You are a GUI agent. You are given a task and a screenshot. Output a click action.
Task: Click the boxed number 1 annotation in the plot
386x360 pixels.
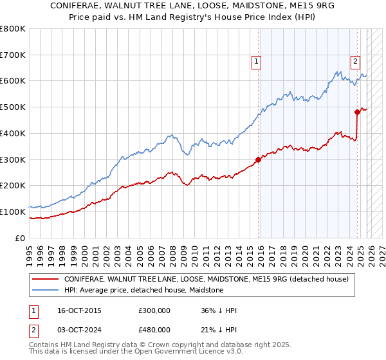coord(256,62)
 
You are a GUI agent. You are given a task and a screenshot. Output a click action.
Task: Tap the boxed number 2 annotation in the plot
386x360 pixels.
coord(354,62)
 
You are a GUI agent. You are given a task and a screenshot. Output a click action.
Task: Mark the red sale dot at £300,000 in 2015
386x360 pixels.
coord(258,159)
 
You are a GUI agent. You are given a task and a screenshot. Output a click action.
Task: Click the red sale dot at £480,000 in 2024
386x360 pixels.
coord(357,112)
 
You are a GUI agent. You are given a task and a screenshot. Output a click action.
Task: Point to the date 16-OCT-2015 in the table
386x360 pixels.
coord(79,310)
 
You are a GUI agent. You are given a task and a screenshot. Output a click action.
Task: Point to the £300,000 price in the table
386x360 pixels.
coord(154,310)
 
